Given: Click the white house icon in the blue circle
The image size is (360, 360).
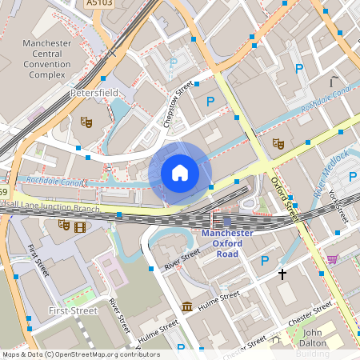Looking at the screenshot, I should [x=180, y=172].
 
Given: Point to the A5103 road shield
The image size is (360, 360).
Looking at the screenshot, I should [x=98, y=4].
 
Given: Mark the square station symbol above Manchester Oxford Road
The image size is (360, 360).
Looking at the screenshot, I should [x=228, y=222].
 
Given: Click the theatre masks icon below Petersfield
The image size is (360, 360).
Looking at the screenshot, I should [x=86, y=122].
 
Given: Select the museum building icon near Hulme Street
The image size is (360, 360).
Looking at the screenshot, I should [x=186, y=306].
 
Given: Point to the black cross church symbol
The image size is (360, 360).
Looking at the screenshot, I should [x=282, y=274].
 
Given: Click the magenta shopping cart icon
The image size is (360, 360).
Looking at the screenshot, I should [x=332, y=259].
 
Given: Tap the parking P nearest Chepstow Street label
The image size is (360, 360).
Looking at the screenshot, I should [x=210, y=101].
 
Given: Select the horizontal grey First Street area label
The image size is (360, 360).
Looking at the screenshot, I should [x=71, y=310].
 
